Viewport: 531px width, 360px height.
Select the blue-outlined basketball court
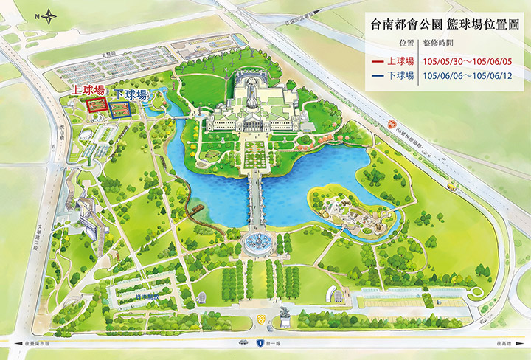pyautogui.click(x=120, y=110)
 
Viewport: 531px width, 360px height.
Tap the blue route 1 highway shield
pyautogui.click(x=260, y=343)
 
